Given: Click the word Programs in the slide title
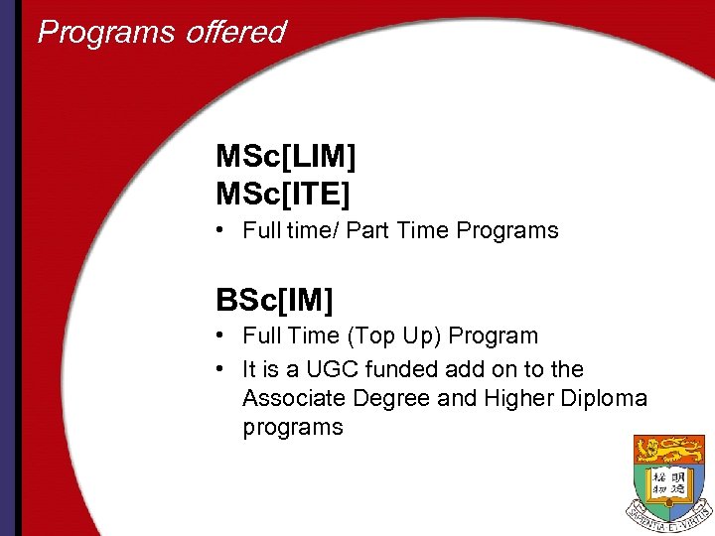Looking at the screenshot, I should coord(95,33).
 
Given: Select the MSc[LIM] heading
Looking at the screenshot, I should coord(286,157).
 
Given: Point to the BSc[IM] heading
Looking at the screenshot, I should coord(274,298).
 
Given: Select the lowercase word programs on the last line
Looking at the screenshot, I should coord(292,428).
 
